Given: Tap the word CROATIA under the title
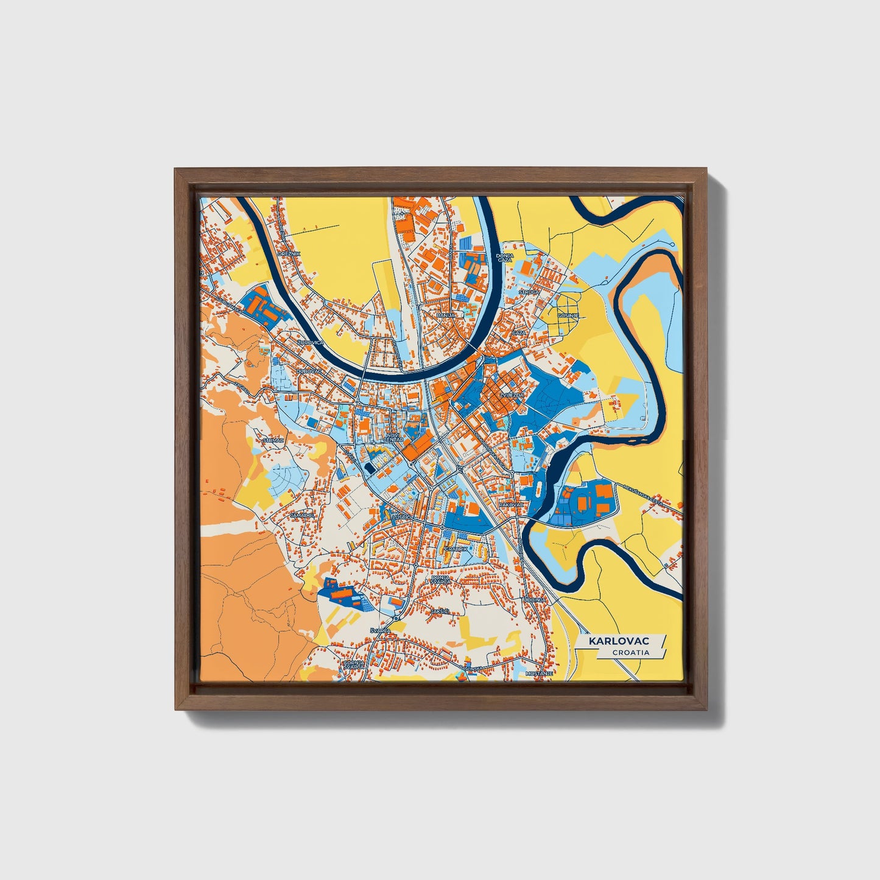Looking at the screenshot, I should (x=631, y=652).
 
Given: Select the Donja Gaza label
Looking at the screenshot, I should (x=505, y=258).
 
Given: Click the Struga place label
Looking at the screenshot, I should (x=529, y=292).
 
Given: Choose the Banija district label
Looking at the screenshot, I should (x=446, y=315).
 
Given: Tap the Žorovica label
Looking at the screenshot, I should (x=310, y=343).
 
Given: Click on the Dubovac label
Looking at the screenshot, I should (x=308, y=370).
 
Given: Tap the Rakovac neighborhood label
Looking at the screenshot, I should (x=510, y=505).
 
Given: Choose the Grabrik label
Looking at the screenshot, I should (x=456, y=549).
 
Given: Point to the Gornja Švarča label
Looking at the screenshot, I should (x=354, y=664).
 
